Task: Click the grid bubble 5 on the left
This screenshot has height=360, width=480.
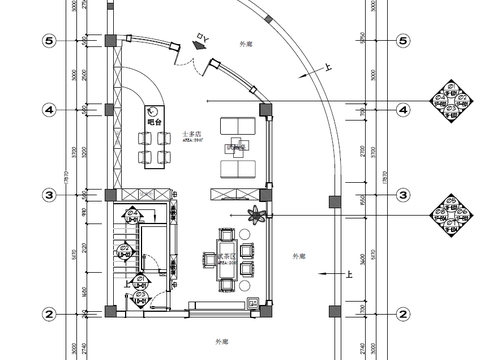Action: coord(46,42)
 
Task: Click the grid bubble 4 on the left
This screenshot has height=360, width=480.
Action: coord(46,109)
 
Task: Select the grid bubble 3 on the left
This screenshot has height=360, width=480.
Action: coord(46,194)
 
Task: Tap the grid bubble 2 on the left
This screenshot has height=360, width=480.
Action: coord(46,314)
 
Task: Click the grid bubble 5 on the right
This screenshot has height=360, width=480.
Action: coord(402,42)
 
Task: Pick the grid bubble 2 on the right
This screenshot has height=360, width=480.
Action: coord(402,314)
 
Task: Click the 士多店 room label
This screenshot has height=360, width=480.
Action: coord(193,133)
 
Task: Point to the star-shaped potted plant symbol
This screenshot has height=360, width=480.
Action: coord(257,214)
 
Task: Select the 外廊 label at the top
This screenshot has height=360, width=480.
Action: coord(247,46)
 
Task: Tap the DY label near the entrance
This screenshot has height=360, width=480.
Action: coord(201,40)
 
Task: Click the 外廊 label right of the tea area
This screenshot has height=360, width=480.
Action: coord(298,256)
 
